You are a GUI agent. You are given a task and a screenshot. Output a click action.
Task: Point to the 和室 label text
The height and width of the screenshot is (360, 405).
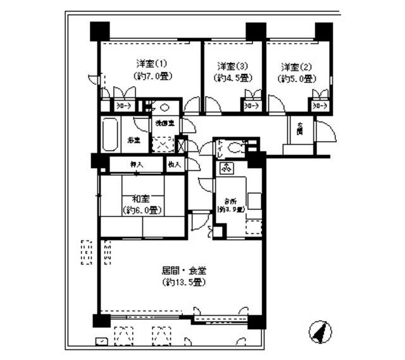tap(140, 198)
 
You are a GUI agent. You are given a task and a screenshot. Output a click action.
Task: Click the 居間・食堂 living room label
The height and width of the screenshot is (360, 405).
tap(184, 270)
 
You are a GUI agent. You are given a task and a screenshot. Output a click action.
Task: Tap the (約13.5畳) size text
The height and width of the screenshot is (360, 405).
tap(184, 282)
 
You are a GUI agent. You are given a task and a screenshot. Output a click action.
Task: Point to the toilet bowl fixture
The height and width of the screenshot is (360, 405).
tap(235, 149)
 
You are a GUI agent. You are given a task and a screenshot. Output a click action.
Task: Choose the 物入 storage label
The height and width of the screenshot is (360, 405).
tap(175, 164)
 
